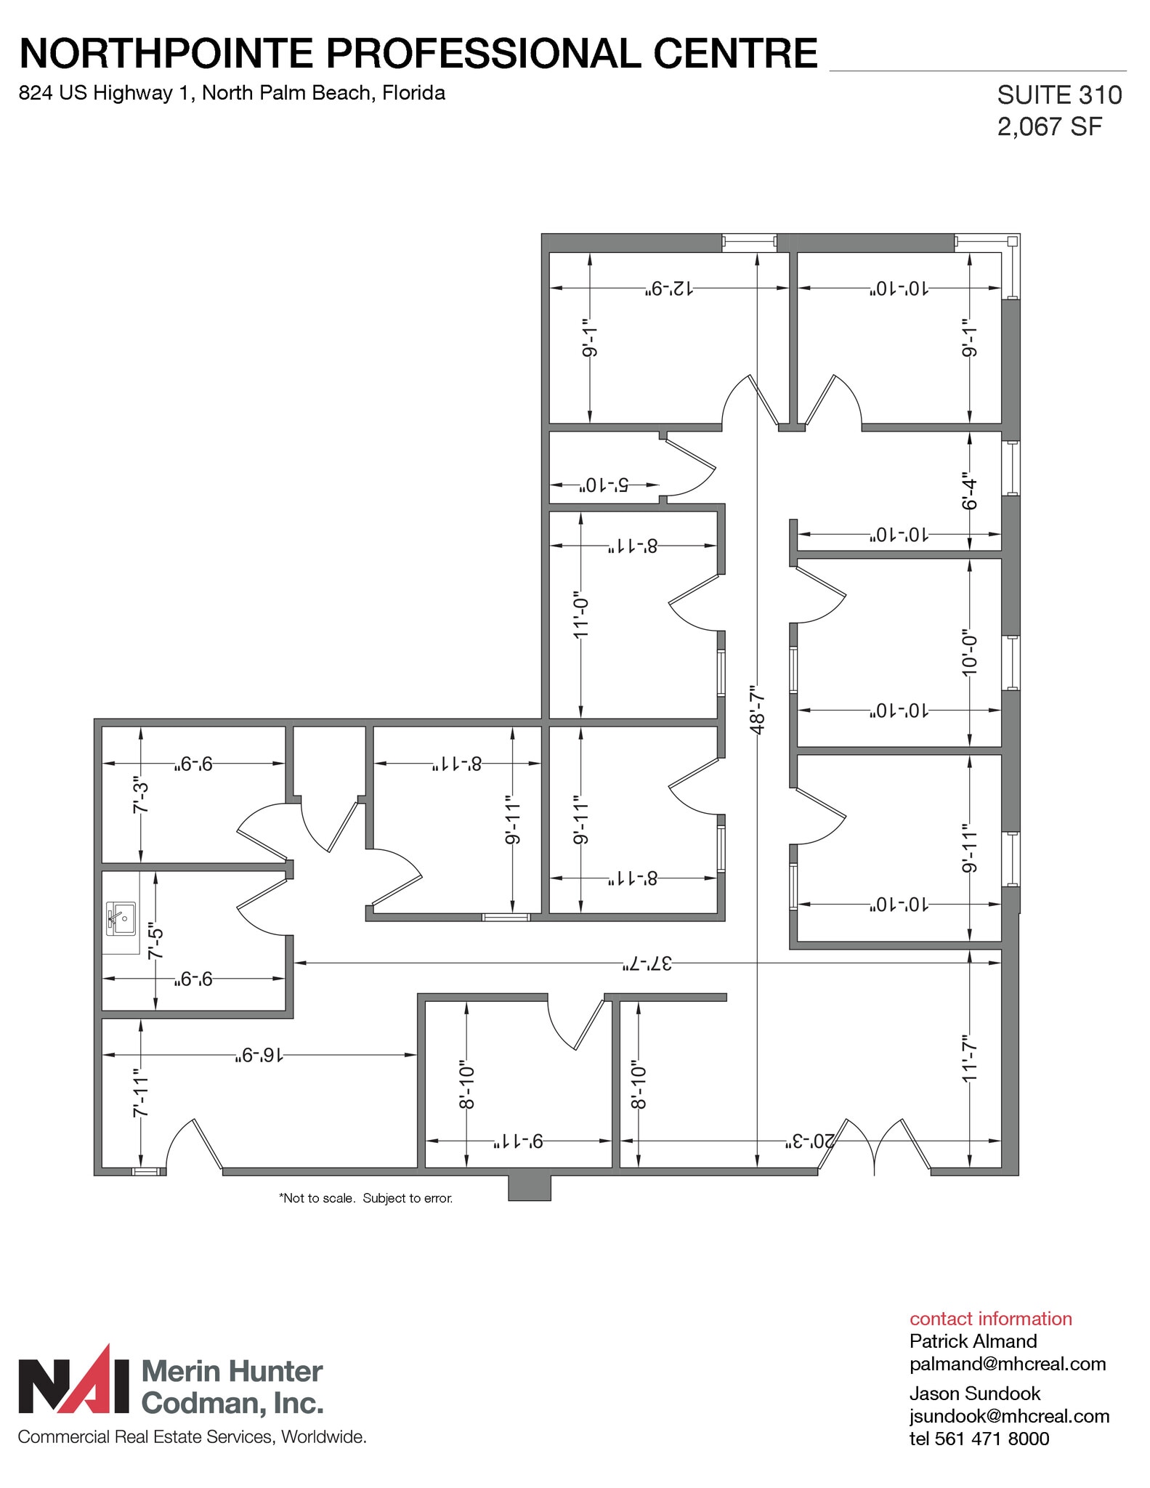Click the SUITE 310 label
coord(1058,95)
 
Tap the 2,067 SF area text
coord(1049,127)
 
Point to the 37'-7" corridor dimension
coord(647,964)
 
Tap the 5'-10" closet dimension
coord(603,485)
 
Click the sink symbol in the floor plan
coord(121,919)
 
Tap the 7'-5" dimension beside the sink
coord(155,942)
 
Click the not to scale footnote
coord(365,1198)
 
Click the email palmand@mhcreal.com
coord(1007,1364)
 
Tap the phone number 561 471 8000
coord(992,1439)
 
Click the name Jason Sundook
coord(974,1394)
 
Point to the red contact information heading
coord(990,1319)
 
